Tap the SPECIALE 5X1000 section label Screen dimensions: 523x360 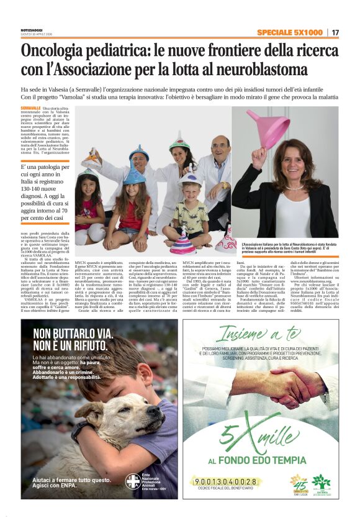290,32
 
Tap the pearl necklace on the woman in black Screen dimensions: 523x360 294,187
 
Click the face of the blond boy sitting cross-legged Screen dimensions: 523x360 191,192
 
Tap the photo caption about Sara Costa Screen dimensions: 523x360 287,250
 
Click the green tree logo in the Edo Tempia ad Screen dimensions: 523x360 321,482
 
